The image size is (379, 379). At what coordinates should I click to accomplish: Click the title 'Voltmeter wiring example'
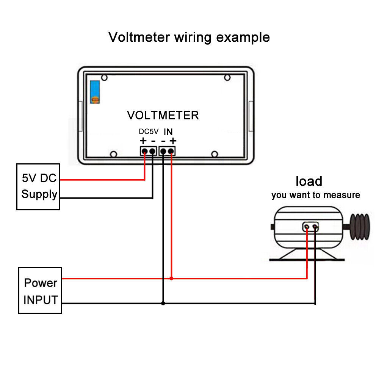189,37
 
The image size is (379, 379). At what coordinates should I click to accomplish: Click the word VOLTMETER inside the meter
163,115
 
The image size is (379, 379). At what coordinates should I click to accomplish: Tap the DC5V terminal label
148,132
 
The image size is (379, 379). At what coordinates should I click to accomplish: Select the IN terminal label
168,132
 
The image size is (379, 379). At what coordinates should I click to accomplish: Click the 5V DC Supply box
38,186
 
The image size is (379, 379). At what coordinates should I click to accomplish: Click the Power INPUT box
40,290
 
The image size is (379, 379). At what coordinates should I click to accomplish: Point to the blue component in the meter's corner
95,92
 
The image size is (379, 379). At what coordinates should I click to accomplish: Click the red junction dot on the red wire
171,278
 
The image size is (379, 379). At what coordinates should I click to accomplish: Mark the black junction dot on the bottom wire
163,303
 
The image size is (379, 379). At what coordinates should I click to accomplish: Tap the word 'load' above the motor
309,181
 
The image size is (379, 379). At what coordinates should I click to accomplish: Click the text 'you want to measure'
315,195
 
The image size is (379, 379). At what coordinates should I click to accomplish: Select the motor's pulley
359,227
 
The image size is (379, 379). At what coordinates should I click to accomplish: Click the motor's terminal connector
310,227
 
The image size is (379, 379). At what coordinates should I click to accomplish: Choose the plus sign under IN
173,141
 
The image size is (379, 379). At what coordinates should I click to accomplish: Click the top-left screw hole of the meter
104,78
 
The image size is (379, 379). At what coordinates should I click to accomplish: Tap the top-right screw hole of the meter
227,78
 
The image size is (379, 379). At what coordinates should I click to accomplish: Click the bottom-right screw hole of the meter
215,154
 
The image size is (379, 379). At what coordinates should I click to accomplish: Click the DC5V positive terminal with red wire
144,151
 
